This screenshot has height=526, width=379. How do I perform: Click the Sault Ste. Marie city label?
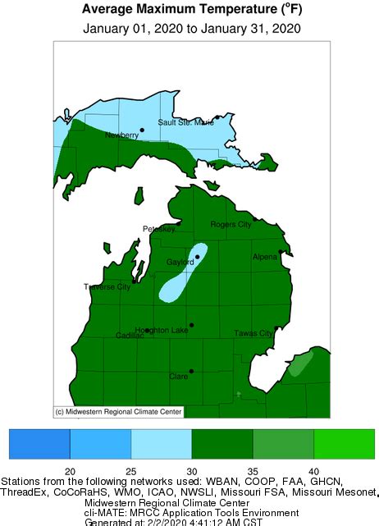[x=185, y=122]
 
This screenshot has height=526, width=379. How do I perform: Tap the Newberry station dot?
[x=141, y=129]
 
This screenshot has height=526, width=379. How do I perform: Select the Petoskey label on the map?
[x=159, y=229]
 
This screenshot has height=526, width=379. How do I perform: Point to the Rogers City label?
[x=231, y=224]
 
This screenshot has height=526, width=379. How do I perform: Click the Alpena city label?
[x=265, y=257]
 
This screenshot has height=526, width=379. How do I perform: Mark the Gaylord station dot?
[x=197, y=257]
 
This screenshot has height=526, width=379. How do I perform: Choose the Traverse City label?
[x=107, y=287]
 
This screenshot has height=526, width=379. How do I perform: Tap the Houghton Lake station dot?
[x=191, y=325]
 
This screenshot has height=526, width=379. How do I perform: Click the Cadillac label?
[x=130, y=336]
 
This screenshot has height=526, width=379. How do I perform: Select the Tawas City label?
[x=253, y=334]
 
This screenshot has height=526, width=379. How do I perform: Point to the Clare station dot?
[x=191, y=371]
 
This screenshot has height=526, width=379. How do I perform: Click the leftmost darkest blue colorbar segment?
[x=39, y=443]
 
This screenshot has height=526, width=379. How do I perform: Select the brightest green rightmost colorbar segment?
[x=344, y=443]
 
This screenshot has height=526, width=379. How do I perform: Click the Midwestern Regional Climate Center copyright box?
[x=117, y=411]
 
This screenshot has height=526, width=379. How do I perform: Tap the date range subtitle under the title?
[x=192, y=28]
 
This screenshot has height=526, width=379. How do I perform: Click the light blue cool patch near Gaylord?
[x=182, y=276]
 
